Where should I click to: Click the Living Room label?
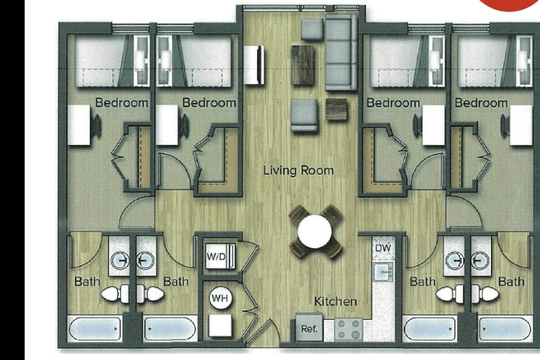coord(298,171)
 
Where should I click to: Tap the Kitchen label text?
coord(335,302)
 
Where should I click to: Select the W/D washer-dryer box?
coord(217,257)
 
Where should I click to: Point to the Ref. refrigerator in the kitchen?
coord(309,329)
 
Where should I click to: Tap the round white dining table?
coord(315,232)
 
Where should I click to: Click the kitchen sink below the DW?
coord(381,270)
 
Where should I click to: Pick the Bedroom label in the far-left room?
coord(122,103)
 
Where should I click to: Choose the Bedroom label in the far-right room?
coord(481,103)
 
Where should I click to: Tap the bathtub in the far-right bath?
coord(505,330)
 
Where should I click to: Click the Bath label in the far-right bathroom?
coord(511,281)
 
